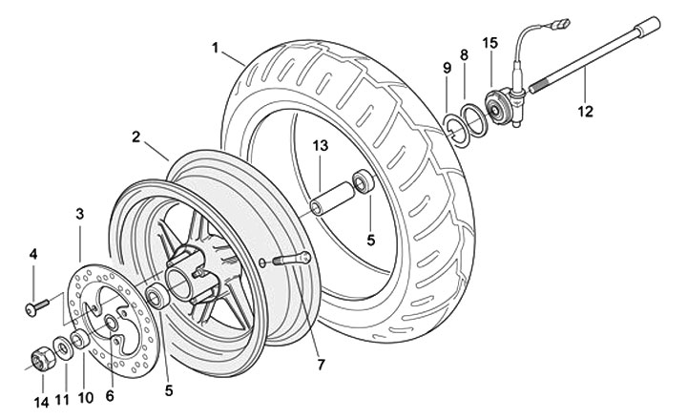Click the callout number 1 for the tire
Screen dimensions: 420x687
tap(216, 47)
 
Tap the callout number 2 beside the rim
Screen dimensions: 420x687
tap(136, 137)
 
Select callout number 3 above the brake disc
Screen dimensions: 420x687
tap(80, 213)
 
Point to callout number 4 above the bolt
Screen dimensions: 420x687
tap(33, 255)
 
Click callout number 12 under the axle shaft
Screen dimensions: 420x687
tap(584, 111)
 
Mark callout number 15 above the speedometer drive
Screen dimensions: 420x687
tap(490, 43)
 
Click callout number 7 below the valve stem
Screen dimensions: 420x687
tap(321, 364)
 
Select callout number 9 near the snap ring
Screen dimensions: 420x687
tap(447, 68)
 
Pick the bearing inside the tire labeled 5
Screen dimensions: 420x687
tap(364, 181)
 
